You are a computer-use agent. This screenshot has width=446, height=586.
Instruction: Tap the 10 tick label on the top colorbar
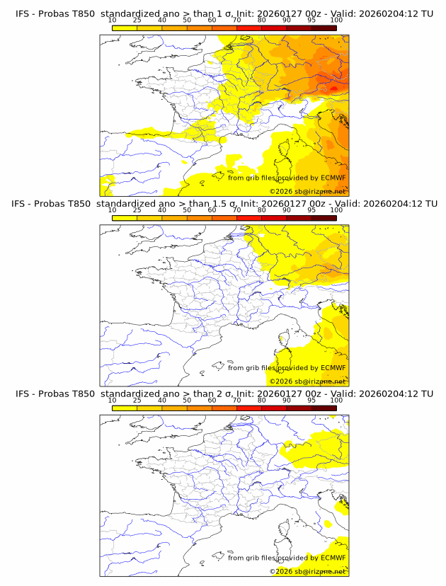(x=112, y=20)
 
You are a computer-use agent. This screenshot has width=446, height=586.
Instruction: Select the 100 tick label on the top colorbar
(x=336, y=20)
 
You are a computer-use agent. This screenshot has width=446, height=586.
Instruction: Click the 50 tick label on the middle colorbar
(x=187, y=210)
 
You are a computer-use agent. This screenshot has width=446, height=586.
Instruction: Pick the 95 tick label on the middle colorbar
(x=311, y=210)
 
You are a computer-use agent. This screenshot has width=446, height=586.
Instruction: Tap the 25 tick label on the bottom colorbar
(x=137, y=401)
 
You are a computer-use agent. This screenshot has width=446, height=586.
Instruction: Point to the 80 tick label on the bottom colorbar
(x=262, y=401)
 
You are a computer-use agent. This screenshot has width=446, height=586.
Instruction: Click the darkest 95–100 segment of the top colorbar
(x=324, y=28)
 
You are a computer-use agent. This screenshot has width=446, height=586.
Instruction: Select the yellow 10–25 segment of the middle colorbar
(x=125, y=218)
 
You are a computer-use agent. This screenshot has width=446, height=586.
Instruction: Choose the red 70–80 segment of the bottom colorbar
(x=249, y=408)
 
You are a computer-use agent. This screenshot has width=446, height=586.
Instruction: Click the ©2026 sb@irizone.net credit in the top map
(x=308, y=191)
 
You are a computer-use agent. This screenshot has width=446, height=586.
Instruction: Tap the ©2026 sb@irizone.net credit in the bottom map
(x=308, y=571)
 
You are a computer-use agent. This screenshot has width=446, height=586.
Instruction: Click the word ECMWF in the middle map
(x=333, y=368)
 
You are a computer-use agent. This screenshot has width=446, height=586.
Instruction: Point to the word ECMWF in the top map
(x=333, y=178)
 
